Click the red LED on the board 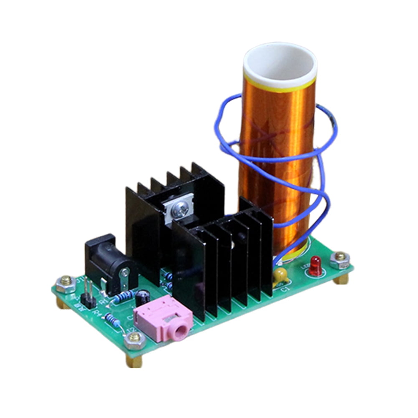pyautogui.click(x=316, y=266)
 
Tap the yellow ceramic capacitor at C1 pyautogui.click(x=280, y=274)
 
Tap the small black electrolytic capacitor pyautogui.click(x=144, y=297)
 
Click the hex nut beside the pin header pyautogui.click(x=66, y=283)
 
